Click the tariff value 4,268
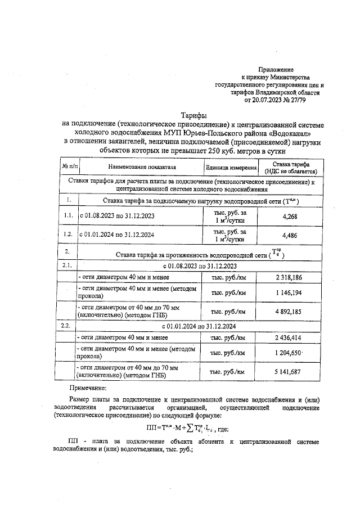(x=289, y=217)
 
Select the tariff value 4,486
(x=289, y=235)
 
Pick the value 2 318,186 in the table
(x=289, y=277)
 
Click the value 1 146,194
(x=289, y=293)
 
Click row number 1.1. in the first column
(x=67, y=217)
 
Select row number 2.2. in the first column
(x=67, y=326)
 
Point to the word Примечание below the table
(x=91, y=388)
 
